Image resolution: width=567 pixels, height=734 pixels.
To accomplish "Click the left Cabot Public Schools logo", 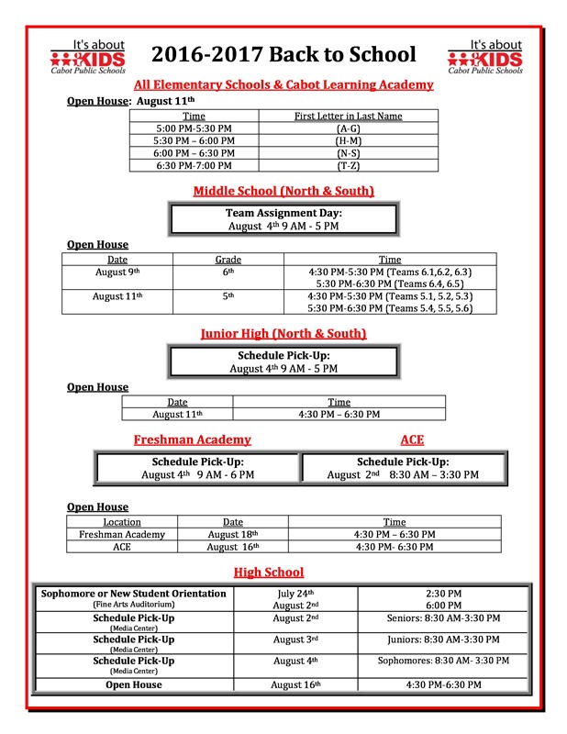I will coord(88,57).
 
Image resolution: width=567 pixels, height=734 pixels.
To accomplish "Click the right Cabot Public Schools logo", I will coord(484,57).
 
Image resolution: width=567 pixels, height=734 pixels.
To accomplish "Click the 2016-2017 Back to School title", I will coord(283,54).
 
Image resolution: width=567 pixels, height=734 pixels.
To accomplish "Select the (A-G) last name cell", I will coord(348,128).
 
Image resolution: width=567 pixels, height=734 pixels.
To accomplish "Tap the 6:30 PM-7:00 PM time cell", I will coord(195,165).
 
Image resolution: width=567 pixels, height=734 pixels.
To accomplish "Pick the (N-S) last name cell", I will coord(348,153).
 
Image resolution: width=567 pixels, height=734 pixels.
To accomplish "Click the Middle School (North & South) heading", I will coord(283,191).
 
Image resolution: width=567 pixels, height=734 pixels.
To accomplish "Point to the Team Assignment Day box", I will coord(283,219).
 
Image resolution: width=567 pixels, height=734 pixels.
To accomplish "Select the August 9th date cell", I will coord(118,272).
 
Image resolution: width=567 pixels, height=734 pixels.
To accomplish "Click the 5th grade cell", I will coord(230,296).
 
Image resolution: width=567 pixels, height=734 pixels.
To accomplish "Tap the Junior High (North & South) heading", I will coord(283,333).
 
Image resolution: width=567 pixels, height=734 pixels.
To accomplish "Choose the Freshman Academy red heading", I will coord(192,439).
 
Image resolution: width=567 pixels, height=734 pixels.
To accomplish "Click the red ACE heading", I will coord(412,439).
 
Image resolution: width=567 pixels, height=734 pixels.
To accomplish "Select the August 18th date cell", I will coord(233,534).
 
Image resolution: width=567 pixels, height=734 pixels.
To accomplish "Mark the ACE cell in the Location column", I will coord(122,547).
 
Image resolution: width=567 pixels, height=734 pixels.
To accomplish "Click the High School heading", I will coord(268,573).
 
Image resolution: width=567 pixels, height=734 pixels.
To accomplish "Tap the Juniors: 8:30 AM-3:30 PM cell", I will coord(444,639).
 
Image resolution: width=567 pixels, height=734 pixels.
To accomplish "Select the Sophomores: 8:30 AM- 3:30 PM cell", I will coord(444,661).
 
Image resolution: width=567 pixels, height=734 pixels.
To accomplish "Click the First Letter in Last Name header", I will coord(348,117).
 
